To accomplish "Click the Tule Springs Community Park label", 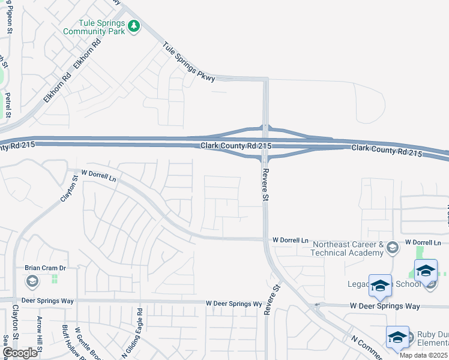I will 94,26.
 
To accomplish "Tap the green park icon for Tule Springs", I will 134,26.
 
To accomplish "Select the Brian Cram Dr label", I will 44,268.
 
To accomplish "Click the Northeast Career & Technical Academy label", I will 348,248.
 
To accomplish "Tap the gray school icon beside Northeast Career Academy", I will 391,247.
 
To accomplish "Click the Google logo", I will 20,353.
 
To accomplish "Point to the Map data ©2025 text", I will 423,355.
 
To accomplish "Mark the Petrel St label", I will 8,104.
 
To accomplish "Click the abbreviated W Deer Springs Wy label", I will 234,304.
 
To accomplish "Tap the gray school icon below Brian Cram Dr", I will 31,280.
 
